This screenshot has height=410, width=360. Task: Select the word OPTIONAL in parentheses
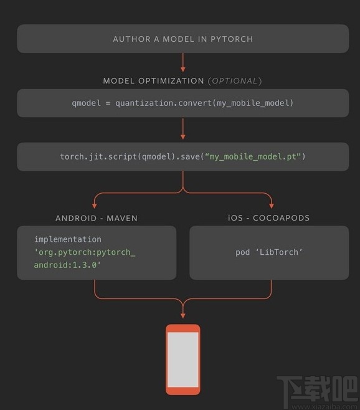pos(234,81)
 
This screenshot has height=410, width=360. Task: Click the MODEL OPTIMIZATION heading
pos(153,81)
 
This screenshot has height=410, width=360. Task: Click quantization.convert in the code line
pos(164,103)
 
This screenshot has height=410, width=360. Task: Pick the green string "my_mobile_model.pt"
pos(256,156)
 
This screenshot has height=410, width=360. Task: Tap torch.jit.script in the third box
pos(95,156)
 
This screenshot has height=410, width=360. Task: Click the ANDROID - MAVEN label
pos(97,218)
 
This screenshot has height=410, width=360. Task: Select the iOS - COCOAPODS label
pos(268,218)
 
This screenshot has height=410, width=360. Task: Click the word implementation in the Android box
pos(67,239)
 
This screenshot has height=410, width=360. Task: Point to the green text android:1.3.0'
pos(67,265)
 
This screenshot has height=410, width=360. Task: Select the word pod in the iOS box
pos(242,252)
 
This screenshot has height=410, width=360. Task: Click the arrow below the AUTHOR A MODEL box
pos(183,63)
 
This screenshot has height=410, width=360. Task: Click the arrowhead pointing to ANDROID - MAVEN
pos(95,205)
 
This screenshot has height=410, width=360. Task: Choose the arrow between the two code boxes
pos(183,129)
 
